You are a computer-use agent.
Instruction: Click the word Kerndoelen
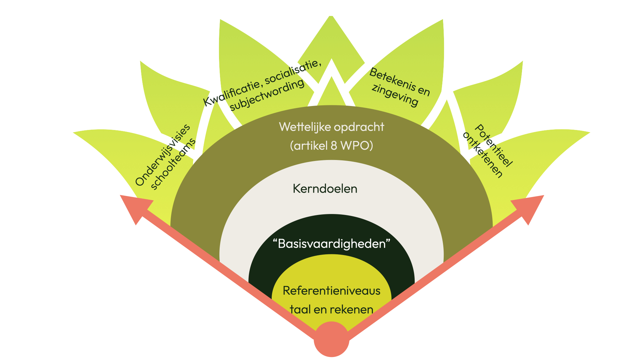click(x=325, y=189)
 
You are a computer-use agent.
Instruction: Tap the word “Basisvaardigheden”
click(x=331, y=244)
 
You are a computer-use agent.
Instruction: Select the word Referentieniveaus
click(x=331, y=291)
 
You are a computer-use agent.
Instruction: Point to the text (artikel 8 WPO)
click(x=331, y=146)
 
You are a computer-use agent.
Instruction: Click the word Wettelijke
click(x=304, y=127)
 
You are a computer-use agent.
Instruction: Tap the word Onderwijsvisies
click(x=162, y=155)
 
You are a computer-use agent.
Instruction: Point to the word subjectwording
click(x=267, y=95)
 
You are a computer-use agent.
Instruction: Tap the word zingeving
click(x=395, y=95)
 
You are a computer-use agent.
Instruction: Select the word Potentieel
click(x=493, y=145)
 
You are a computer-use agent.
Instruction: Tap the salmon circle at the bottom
click(x=331, y=339)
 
